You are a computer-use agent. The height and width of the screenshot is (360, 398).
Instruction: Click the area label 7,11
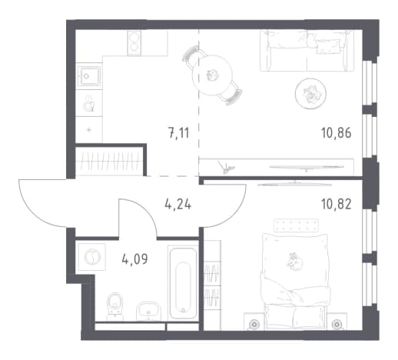[179, 133]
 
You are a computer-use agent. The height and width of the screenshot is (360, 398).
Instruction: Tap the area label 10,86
[336, 133]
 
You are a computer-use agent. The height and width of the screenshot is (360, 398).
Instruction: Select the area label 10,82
[336, 205]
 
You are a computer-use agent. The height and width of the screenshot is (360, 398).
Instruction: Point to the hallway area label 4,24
[178, 205]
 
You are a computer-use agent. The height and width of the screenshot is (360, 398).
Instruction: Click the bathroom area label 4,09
[135, 259]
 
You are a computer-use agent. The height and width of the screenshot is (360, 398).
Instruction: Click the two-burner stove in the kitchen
[134, 43]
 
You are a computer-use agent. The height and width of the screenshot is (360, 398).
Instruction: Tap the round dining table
[212, 75]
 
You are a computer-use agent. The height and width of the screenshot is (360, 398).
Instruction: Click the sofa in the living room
[307, 51]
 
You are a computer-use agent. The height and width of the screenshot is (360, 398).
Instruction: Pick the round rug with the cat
[310, 94]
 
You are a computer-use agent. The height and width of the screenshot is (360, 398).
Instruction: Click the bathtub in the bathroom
[183, 282]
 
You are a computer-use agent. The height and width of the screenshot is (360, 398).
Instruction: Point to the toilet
[115, 306]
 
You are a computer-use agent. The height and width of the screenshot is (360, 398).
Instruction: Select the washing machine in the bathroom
[92, 257]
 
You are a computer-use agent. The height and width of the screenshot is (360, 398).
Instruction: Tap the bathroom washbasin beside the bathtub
[148, 311]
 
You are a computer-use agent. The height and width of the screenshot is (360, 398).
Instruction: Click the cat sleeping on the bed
[294, 262]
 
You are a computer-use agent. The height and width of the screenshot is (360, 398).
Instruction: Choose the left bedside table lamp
[254, 324]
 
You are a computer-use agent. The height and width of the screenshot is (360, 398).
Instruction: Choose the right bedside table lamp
[337, 324]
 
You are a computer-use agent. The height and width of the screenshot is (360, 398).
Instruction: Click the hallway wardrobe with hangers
[110, 161]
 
